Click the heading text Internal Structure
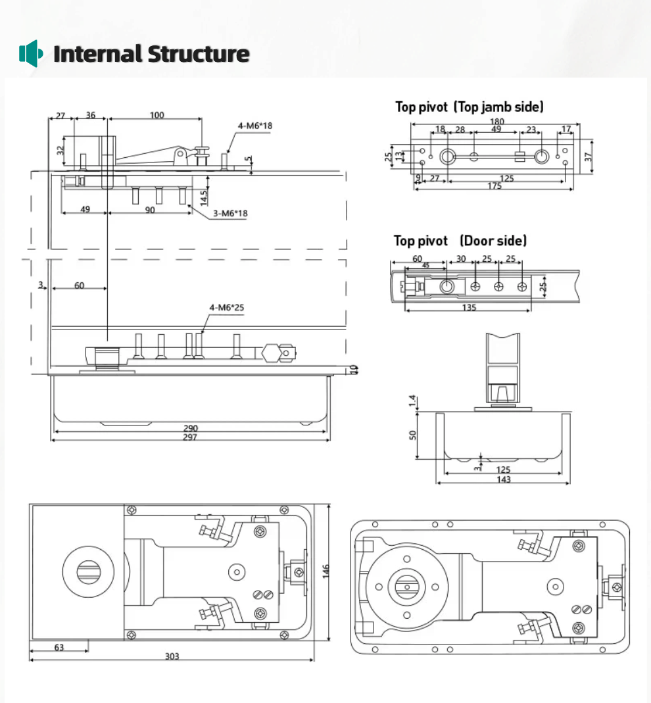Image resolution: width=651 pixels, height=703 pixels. (x=151, y=53)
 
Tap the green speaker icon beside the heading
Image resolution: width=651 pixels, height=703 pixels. (x=30, y=53)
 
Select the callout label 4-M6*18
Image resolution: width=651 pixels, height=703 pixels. (x=255, y=126)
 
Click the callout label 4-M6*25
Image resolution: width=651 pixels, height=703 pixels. (x=227, y=307)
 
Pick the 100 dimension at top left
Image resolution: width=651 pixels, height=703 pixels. (x=157, y=115)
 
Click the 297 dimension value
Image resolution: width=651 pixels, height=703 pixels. (x=190, y=437)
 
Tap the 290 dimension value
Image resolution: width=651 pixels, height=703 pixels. (x=190, y=429)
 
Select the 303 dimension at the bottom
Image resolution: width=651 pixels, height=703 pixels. (x=172, y=656)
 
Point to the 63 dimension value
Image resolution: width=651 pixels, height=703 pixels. (x=59, y=647)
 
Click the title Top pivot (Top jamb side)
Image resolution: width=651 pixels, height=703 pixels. (x=469, y=107)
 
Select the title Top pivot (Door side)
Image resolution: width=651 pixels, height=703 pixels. (x=460, y=241)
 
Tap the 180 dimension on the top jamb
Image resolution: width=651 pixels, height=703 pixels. (x=496, y=121)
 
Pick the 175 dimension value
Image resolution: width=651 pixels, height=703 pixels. (x=494, y=186)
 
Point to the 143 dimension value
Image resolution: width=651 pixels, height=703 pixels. (x=503, y=479)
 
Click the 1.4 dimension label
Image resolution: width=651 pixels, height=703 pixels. (x=412, y=401)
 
